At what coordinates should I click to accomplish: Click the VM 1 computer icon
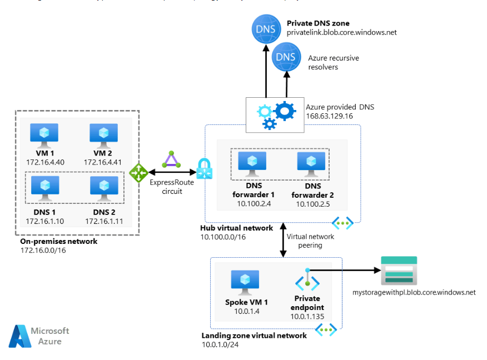point(44,134)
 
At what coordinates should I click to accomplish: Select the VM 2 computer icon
point(103,134)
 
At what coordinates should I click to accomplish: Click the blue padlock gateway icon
point(204,169)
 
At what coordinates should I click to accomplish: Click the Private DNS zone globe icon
point(265,28)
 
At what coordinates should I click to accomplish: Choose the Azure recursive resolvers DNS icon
point(285,57)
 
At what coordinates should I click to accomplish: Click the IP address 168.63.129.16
point(329,117)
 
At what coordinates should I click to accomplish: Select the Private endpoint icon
point(307,281)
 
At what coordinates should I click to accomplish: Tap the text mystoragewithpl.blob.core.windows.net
point(414,292)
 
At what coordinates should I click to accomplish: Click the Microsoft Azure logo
point(39,336)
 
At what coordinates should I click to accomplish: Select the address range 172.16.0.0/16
point(42,251)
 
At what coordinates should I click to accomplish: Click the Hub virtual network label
point(236,228)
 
